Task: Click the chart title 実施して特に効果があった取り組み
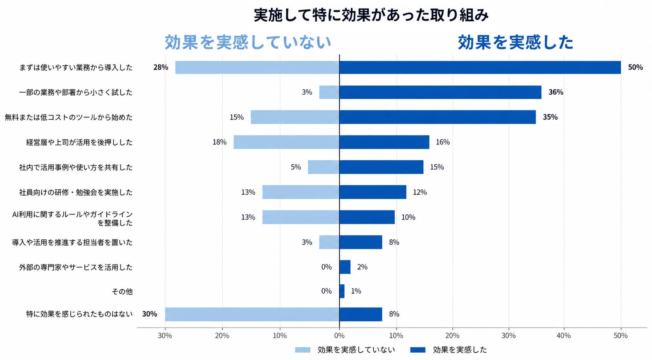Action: pos(371,15)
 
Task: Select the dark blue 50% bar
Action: pos(480,68)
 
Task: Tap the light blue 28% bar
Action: pos(257,68)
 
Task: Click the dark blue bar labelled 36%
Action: pos(440,92)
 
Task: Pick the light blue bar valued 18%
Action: pos(286,142)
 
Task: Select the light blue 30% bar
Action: pos(252,314)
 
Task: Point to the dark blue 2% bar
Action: pos(345,267)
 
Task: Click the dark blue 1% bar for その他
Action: pos(342,291)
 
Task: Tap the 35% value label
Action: pos(550,117)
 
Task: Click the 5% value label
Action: pos(296,167)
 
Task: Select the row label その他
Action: pos(122,291)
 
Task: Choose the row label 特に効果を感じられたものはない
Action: pos(80,314)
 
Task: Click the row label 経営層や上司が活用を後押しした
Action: pos(80,142)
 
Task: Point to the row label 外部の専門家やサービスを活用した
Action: pos(76,267)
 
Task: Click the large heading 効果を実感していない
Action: pos(248,42)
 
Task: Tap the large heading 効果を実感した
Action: pos(516,42)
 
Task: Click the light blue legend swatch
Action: pos(303,350)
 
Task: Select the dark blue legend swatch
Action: pos(418,350)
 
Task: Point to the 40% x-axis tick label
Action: pos(564,336)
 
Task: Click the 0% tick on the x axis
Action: pos(339,336)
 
